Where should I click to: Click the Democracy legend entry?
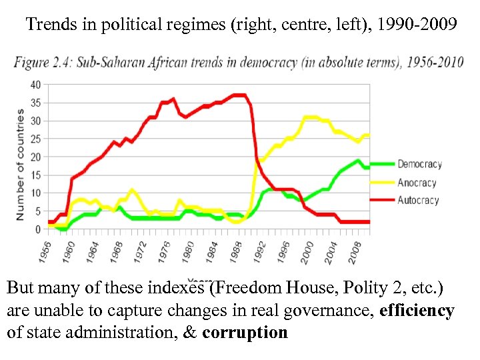[x=419, y=165]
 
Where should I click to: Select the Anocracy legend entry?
[x=417, y=182]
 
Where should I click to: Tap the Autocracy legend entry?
[x=418, y=199]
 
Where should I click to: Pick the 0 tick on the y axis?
[x=37, y=229]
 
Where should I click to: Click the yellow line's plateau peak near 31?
[x=311, y=117]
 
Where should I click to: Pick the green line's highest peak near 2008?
[x=359, y=160]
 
